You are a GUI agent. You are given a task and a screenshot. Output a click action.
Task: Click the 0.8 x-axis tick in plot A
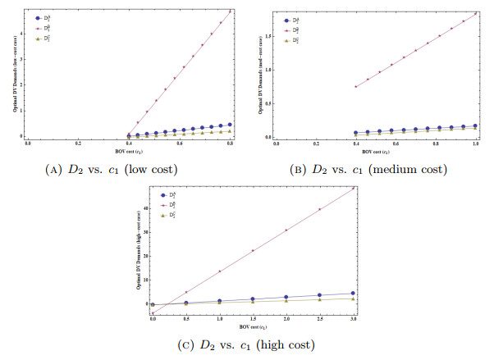231,144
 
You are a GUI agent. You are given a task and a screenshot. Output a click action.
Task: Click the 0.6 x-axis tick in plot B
396,144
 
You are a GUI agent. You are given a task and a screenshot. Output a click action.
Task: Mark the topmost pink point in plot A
231,11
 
